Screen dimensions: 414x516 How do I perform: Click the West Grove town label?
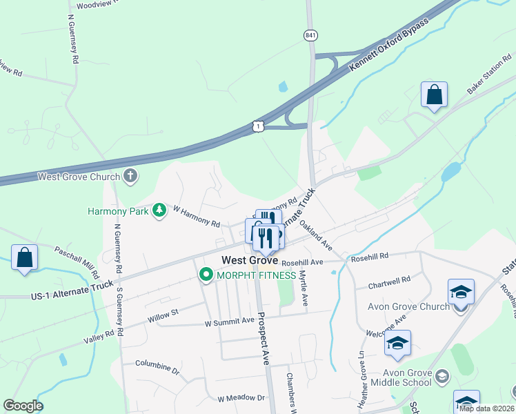coord(250,261)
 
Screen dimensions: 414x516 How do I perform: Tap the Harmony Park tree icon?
coord(160,210)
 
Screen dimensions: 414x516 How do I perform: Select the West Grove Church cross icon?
coord(130,176)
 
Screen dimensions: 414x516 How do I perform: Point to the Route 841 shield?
coord(310,34)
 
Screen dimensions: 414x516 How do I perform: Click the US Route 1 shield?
coord(257,125)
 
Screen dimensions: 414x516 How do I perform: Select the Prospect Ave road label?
coord(263,339)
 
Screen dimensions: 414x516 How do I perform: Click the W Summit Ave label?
coord(230,322)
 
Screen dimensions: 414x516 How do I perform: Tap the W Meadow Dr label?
coord(241,398)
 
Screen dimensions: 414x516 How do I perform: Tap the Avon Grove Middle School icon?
coord(442,377)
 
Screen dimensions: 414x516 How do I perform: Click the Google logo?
coord(23,406)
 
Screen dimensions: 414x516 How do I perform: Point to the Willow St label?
coord(163,313)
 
